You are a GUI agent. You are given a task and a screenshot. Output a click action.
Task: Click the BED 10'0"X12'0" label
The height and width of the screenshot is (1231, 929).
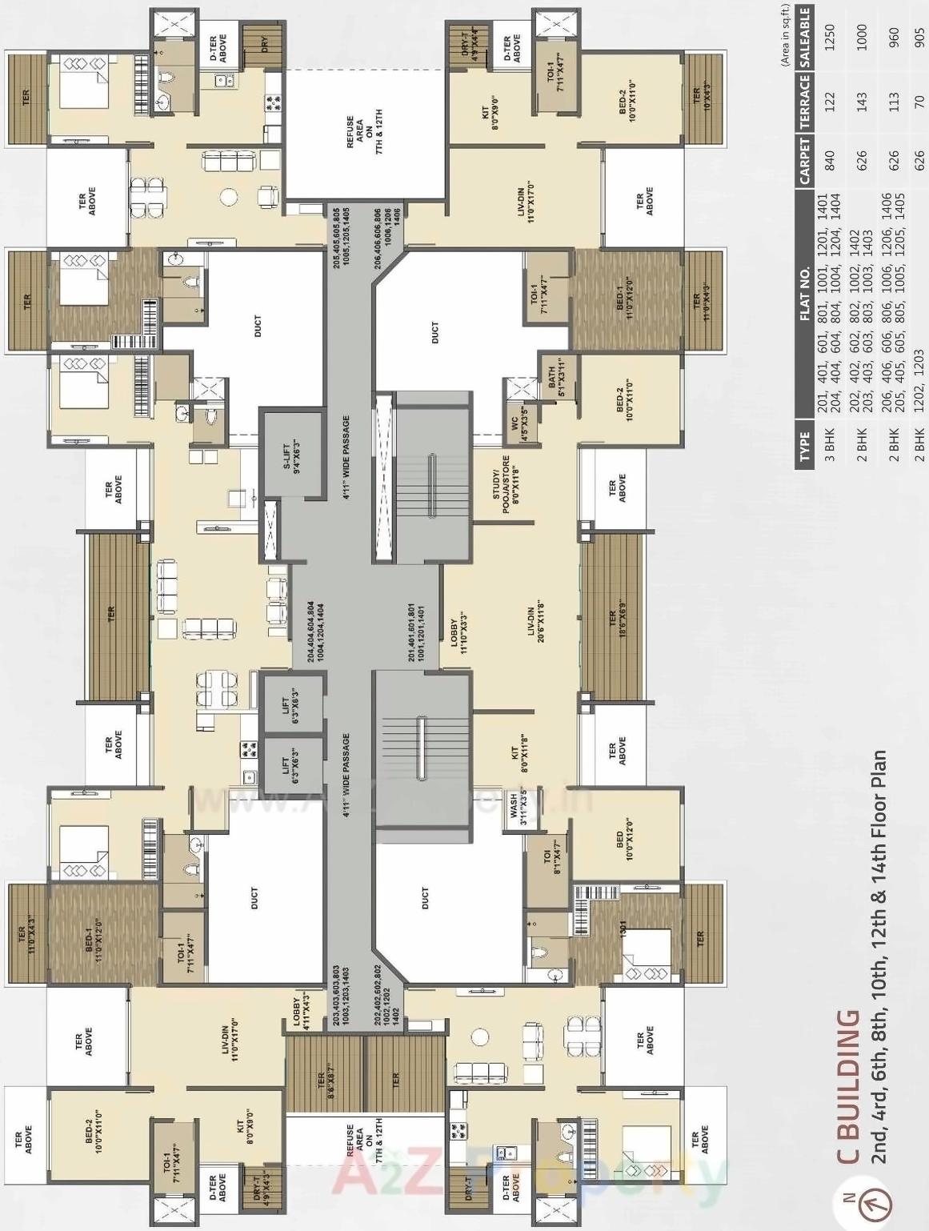(625, 844)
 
